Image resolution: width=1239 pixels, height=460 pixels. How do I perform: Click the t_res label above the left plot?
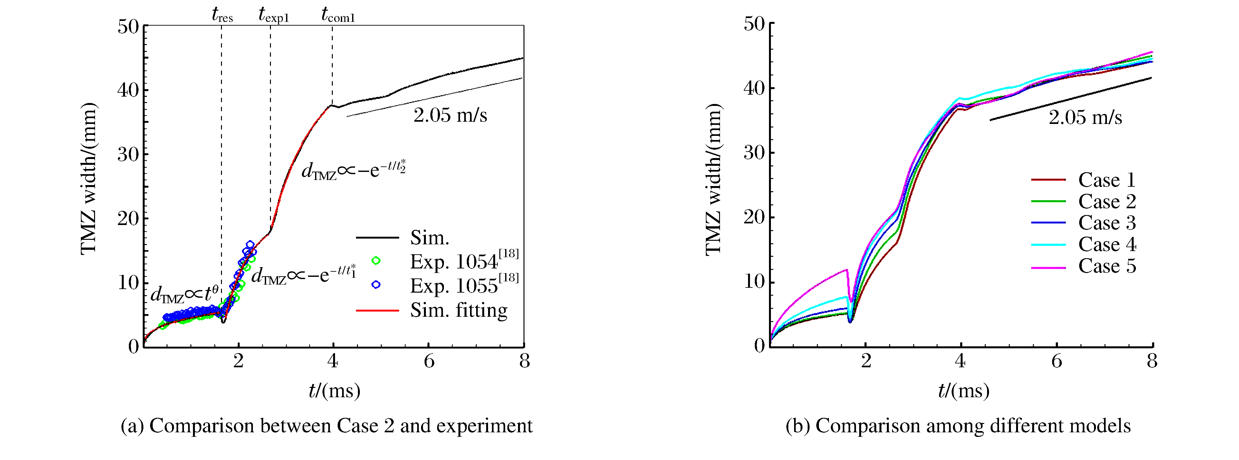click(x=222, y=15)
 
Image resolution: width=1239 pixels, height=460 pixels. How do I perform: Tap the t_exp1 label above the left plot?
click(x=273, y=15)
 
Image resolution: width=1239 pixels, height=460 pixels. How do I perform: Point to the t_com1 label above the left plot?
click(x=338, y=15)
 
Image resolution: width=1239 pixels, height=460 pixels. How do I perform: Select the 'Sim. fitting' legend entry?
click(x=458, y=311)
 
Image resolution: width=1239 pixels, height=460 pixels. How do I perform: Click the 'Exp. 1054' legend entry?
click(x=464, y=261)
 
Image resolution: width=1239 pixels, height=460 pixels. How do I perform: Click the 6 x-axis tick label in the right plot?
click(x=1056, y=361)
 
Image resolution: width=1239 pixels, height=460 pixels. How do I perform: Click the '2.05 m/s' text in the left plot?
click(x=450, y=115)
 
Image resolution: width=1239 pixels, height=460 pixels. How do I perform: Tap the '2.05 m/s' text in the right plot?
click(x=1085, y=117)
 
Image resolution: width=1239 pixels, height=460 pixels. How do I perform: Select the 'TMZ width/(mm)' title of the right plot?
click(x=714, y=179)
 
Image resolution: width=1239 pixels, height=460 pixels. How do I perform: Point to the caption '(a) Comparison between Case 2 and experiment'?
click(x=327, y=426)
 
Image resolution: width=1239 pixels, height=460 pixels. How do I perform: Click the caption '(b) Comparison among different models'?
click(x=958, y=426)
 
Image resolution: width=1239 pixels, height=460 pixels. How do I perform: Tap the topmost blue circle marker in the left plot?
click(x=250, y=245)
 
